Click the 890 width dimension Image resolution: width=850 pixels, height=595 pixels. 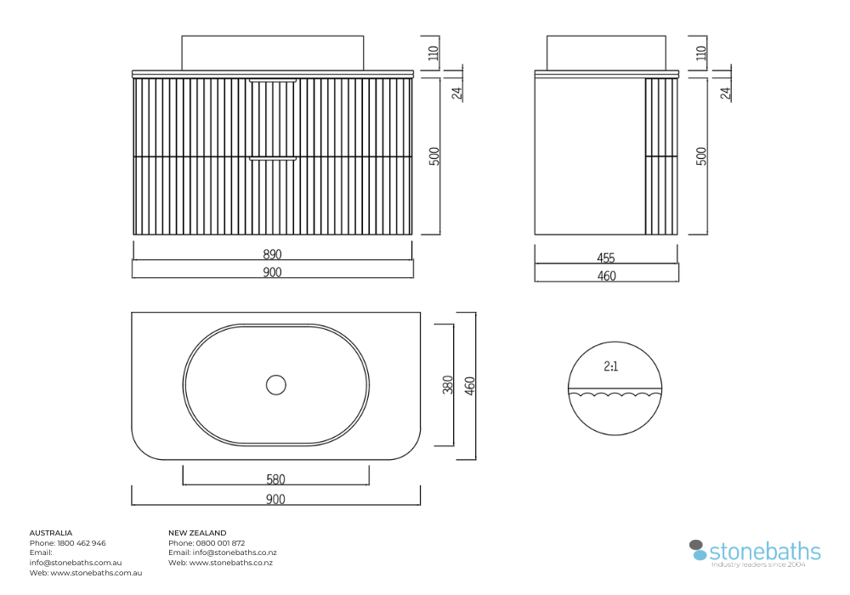click(x=272, y=253)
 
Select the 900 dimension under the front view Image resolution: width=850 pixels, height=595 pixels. click(x=272, y=271)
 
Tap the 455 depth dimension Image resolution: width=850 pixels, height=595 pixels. click(x=606, y=258)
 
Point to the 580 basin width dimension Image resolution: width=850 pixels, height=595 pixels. click(x=275, y=479)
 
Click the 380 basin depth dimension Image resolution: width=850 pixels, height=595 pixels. click(x=448, y=384)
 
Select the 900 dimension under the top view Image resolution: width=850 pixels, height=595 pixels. click(x=275, y=499)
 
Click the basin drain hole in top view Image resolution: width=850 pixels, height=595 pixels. click(x=276, y=385)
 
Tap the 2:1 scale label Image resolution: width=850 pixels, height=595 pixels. click(x=611, y=366)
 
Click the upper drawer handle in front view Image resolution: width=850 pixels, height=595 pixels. click(x=273, y=81)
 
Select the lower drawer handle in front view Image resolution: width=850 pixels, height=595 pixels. click(x=273, y=159)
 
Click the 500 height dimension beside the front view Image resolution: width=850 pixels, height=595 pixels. click(x=434, y=156)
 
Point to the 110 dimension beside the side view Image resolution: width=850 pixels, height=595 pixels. click(x=701, y=53)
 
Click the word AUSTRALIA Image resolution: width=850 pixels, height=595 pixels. click(x=51, y=533)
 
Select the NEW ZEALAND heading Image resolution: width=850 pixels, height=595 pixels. click(x=197, y=533)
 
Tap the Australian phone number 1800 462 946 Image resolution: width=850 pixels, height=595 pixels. click(x=82, y=543)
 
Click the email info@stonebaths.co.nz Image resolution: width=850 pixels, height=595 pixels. click(x=235, y=552)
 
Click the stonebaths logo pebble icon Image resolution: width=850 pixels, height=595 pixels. click(x=698, y=549)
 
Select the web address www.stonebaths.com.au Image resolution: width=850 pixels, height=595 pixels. click(x=97, y=573)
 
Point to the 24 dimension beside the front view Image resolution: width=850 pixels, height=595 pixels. click(x=457, y=93)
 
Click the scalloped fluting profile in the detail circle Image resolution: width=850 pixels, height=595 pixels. click(x=615, y=394)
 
